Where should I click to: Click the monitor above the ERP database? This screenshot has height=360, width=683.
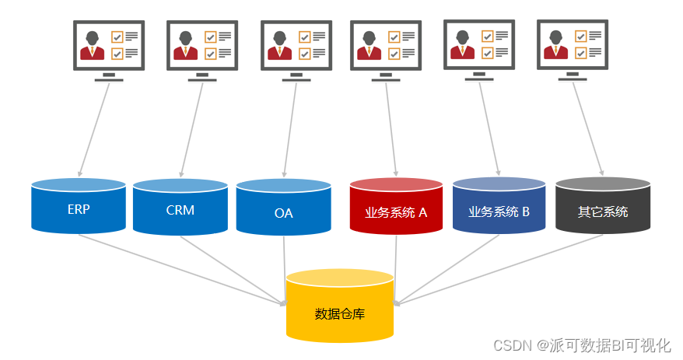109,47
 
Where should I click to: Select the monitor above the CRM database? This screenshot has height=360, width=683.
202,47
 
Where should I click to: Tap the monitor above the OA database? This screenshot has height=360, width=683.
296,47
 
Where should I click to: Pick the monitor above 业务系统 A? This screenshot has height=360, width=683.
386,47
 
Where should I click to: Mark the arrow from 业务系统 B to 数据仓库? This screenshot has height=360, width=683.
447,269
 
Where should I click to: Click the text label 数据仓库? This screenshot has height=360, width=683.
340,314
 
